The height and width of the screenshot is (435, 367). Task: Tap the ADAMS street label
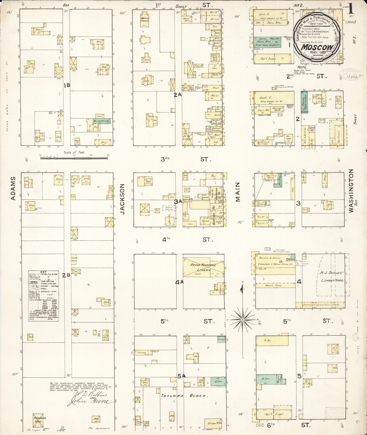(x=13, y=188)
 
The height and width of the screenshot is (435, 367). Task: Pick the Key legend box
(x=43, y=296)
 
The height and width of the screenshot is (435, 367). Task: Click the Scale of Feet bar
(x=74, y=158)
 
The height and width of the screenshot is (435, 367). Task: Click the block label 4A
(x=179, y=282)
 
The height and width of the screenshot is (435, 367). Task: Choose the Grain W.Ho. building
(x=215, y=423)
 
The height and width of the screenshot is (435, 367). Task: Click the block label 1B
(x=67, y=86)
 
